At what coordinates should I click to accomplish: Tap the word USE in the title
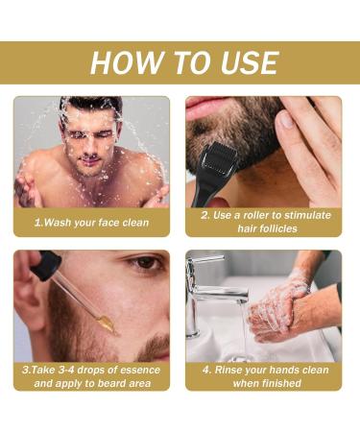point(245,62)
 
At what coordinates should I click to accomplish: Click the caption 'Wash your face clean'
point(92,222)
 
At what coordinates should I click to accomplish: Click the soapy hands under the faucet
point(283,307)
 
